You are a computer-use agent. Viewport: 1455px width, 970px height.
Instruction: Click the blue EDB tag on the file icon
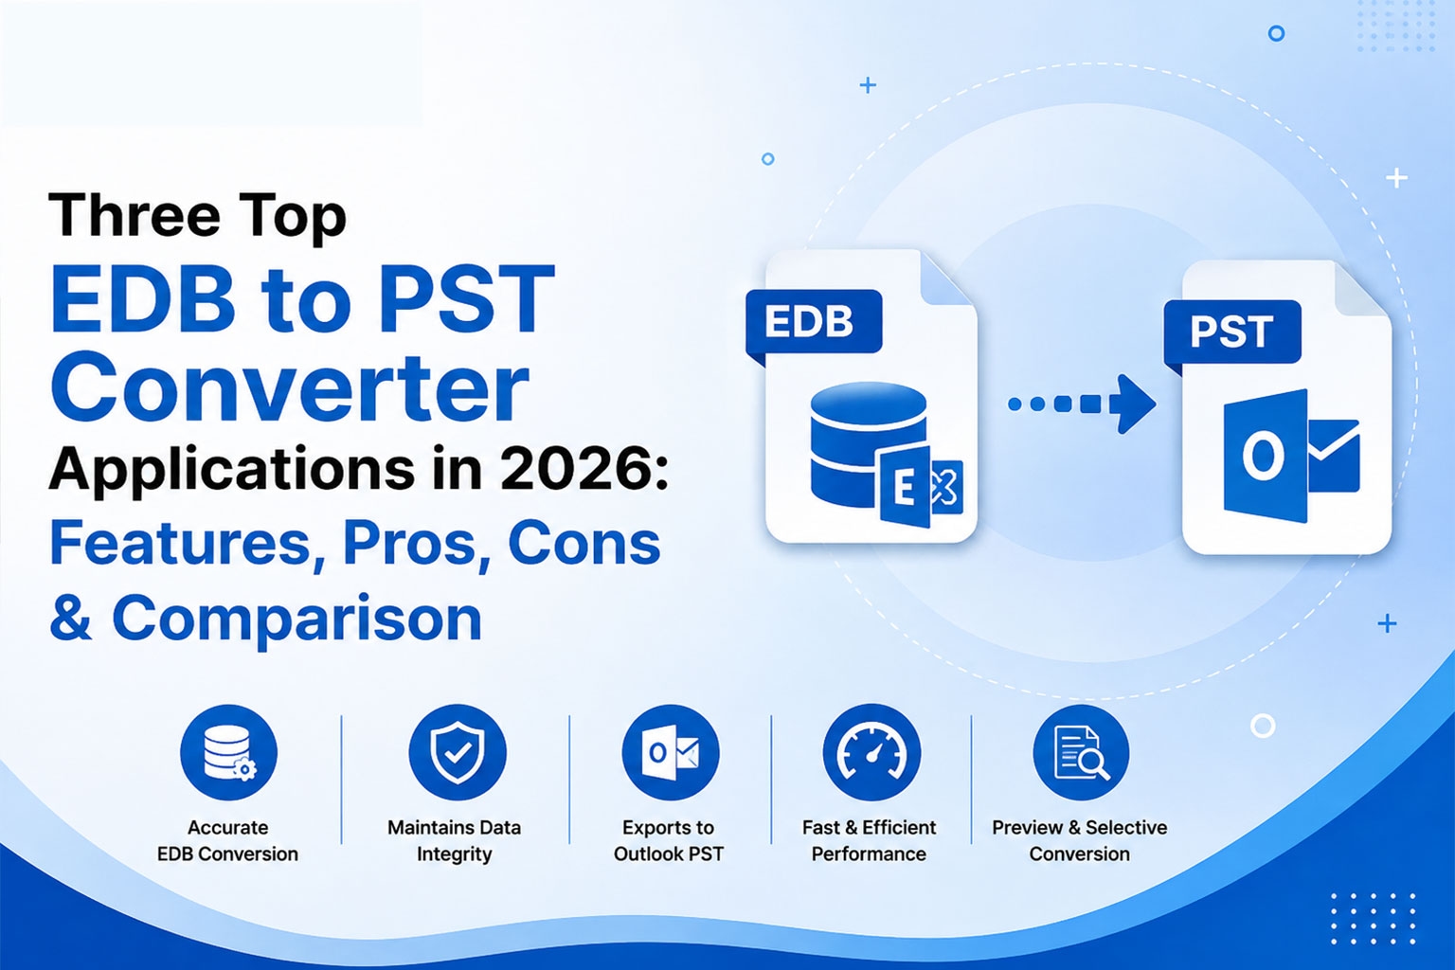814,322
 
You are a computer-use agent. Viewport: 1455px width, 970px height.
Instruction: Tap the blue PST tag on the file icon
1232,332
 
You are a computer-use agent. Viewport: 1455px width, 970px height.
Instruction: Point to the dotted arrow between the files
1082,404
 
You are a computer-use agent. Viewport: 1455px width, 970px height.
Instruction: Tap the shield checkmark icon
458,752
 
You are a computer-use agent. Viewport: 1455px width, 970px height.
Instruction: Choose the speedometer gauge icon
871,752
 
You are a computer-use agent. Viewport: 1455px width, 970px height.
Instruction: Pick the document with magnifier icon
1082,752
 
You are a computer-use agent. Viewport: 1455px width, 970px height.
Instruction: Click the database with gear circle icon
228,752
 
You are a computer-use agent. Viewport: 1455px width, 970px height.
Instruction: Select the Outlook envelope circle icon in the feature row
671,752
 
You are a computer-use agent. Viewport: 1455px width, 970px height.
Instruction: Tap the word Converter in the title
290,387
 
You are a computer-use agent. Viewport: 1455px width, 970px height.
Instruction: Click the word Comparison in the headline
296,620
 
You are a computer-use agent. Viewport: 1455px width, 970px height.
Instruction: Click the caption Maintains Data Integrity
454,840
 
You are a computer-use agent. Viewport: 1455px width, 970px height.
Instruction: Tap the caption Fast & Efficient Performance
869,840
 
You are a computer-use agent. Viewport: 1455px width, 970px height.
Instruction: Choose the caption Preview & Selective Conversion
1080,840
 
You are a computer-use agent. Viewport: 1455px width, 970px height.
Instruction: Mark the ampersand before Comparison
71,618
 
